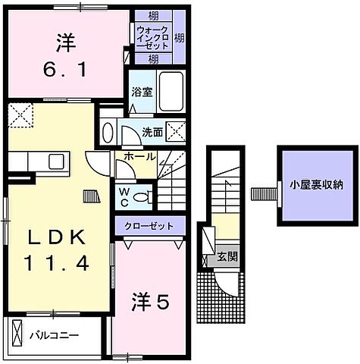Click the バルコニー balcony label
[54, 334]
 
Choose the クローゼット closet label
[149, 225]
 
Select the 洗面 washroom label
[152, 130]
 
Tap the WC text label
[123, 196]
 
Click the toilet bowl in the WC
[141, 196]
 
